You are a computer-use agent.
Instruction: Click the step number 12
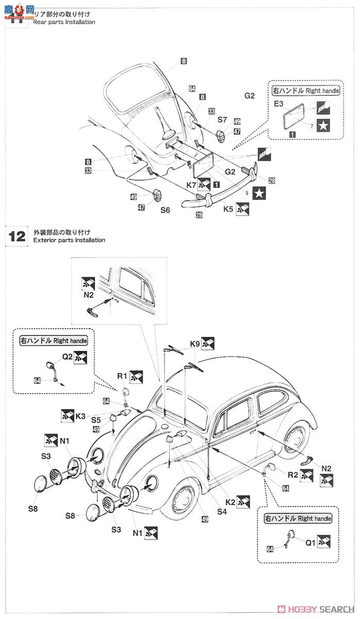(x=17, y=236)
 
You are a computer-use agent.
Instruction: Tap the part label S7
(x=222, y=119)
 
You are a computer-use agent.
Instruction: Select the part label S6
(x=165, y=210)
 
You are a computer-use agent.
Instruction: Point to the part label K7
(x=191, y=184)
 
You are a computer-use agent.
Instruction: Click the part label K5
(x=228, y=209)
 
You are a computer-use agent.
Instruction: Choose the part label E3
(x=279, y=104)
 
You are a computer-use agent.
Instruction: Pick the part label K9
(x=194, y=343)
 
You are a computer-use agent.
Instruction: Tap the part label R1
(x=122, y=376)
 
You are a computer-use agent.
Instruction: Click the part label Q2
(x=68, y=355)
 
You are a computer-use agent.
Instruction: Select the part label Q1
(x=309, y=542)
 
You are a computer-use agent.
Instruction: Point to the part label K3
(x=80, y=415)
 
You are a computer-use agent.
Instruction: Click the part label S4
(x=222, y=512)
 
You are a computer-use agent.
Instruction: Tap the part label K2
(x=230, y=500)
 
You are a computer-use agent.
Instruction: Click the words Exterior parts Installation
(x=69, y=240)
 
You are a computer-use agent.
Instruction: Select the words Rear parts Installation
(x=64, y=22)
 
